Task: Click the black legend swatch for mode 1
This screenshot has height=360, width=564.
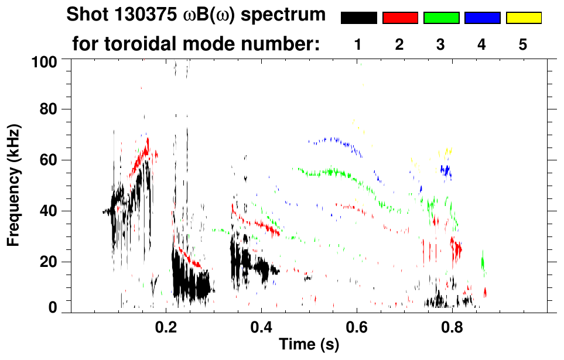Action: [358, 18]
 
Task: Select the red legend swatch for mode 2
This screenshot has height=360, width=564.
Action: [399, 18]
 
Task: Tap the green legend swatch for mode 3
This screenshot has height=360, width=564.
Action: [441, 18]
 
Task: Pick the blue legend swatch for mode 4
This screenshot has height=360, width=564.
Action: [482, 18]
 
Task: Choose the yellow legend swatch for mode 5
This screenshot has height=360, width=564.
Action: [523, 18]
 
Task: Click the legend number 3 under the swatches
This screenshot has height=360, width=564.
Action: [441, 44]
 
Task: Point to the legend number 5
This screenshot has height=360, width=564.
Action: [523, 44]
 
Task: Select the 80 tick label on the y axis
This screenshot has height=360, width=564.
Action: [48, 109]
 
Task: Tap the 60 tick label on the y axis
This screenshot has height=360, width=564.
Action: [48, 160]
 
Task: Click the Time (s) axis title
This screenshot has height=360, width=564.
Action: [309, 345]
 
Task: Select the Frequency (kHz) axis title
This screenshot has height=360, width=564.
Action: [14, 184]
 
